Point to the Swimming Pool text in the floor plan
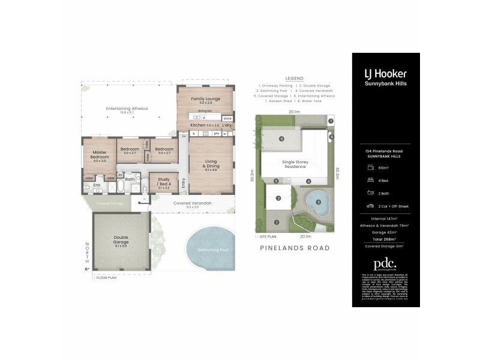(x=208, y=250)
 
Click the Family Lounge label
(x=206, y=98)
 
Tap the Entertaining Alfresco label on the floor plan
(x=127, y=108)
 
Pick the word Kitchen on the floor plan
(x=197, y=125)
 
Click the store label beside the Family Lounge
(x=227, y=119)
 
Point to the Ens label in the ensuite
(x=97, y=185)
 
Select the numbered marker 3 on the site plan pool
(x=318, y=202)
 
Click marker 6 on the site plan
(x=281, y=139)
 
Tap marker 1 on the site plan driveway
(x=277, y=223)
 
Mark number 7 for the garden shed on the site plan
(x=331, y=121)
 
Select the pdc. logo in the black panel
(x=385, y=263)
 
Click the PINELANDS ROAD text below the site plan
(x=294, y=248)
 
